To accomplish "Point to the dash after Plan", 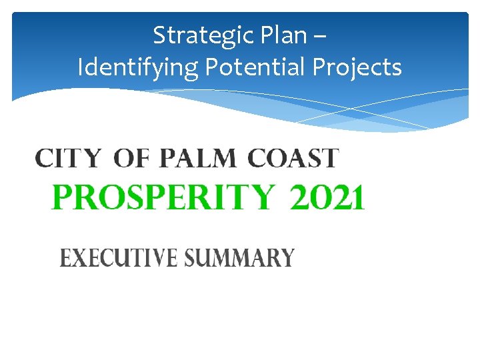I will point(319,36).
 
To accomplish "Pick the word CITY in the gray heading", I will point(68,159).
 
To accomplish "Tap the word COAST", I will point(293,159).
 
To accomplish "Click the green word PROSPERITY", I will point(163,198).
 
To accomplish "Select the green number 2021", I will point(327,198).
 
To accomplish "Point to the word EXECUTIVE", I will point(117,257).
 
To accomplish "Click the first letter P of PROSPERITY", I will point(62,198).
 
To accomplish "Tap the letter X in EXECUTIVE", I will point(79,257).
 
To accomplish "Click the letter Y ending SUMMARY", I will point(287,257).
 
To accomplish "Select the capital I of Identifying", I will point(81,67).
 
